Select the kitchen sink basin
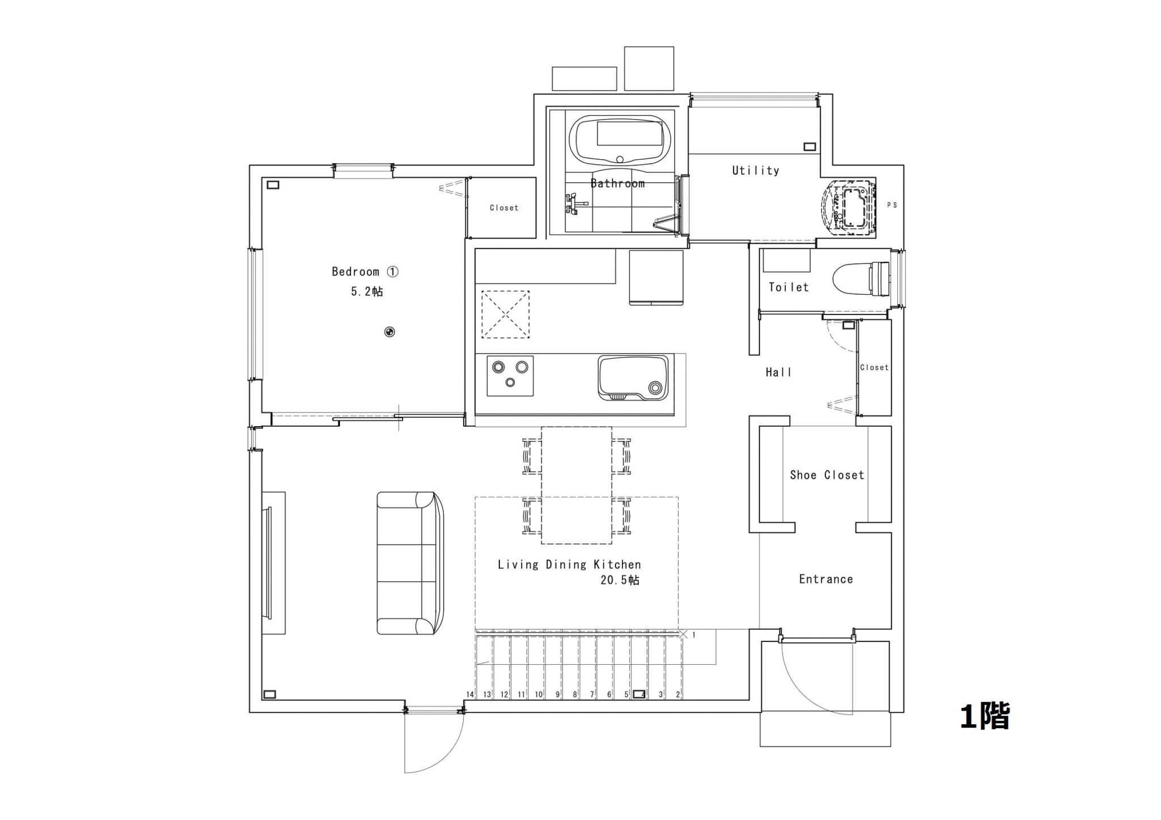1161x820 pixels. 633,377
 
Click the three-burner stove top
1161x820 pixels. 510,375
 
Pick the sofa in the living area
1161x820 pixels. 410,563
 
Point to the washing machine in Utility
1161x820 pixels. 849,207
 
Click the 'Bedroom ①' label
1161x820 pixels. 365,271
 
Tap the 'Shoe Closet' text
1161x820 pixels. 827,475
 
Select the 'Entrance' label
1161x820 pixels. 826,579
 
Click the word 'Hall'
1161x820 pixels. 778,372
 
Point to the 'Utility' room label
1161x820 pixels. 756,170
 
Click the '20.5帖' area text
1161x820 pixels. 620,580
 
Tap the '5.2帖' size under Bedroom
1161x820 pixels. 367,291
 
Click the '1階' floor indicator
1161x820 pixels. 985,716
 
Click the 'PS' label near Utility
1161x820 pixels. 892,205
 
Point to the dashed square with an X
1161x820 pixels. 505,315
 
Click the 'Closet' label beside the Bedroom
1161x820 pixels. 504,208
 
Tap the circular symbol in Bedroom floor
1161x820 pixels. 389,332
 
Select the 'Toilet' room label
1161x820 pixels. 789,287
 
